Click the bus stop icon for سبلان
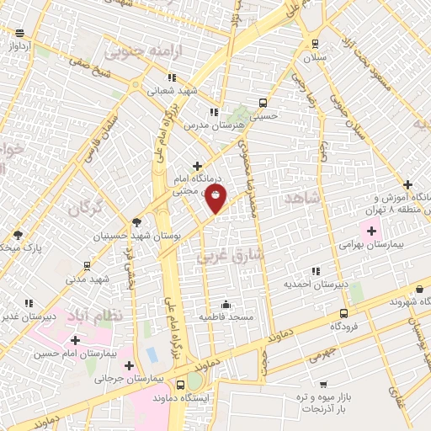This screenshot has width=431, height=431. click(x=315, y=43)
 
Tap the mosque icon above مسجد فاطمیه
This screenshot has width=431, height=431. click(x=226, y=303)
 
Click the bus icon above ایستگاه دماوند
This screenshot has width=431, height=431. click(x=179, y=385)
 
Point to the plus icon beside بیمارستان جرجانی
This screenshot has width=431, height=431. click(x=129, y=365)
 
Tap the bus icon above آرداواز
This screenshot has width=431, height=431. click(x=19, y=33)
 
